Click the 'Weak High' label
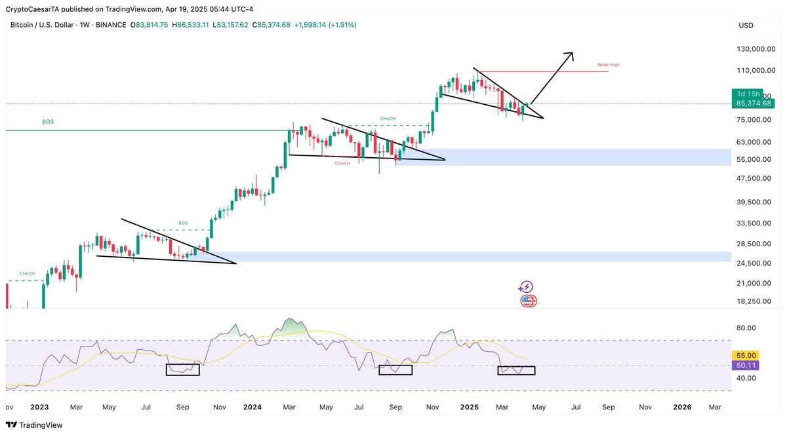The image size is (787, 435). click(x=608, y=65)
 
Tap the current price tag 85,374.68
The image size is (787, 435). click(x=754, y=104)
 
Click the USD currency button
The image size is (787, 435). click(x=746, y=26)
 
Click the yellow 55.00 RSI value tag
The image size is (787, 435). click(x=746, y=354)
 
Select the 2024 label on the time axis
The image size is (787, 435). click(x=252, y=407)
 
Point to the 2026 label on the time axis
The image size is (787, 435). click(x=682, y=407)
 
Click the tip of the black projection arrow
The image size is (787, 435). click(x=573, y=53)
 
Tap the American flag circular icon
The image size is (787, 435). click(x=528, y=301)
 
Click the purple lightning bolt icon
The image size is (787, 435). click(x=525, y=287)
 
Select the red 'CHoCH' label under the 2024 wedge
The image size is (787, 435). click(x=342, y=163)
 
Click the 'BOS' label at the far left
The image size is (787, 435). click(x=48, y=122)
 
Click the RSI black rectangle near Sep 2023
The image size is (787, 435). click(x=183, y=369)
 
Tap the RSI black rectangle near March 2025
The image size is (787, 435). click(x=516, y=370)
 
